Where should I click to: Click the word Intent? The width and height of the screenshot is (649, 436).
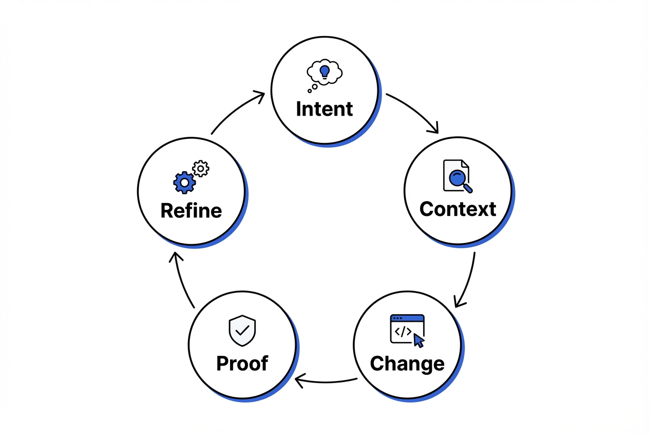tap(324, 109)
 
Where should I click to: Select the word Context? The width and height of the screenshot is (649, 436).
tap(457, 209)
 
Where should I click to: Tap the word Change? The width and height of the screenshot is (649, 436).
tap(407, 364)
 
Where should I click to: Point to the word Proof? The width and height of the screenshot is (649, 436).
tap(242, 364)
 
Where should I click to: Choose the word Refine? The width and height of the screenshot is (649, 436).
tap(191, 211)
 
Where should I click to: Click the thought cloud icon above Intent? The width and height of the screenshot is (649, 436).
tap(324, 72)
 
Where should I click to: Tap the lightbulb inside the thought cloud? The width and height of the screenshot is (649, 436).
tap(324, 71)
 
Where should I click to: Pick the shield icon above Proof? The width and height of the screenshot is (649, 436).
tap(242, 330)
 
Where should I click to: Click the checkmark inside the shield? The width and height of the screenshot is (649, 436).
tap(242, 330)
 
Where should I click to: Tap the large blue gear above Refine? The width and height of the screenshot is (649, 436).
tap(184, 182)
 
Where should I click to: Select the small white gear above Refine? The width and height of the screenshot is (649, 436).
tap(201, 169)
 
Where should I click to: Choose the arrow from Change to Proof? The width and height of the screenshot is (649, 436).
tap(326, 382)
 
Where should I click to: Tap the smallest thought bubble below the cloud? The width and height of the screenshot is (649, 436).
tap(310, 91)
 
